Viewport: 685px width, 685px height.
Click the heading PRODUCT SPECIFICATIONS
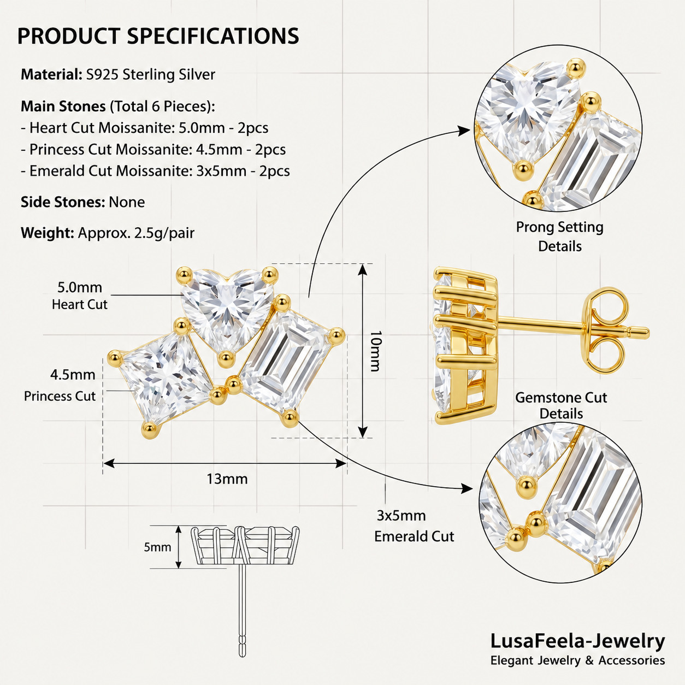[158, 36]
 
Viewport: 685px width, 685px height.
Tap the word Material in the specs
[51, 75]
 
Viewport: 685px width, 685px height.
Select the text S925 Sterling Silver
[151, 75]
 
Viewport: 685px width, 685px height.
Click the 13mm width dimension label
[227, 479]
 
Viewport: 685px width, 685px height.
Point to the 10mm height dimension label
[375, 351]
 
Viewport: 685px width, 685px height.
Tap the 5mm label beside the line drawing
[157, 547]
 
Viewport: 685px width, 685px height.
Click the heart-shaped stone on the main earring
[227, 308]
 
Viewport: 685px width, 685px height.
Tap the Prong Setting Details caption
[560, 237]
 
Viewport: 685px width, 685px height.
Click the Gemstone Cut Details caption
[561, 406]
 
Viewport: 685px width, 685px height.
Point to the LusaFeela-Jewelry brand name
[577, 642]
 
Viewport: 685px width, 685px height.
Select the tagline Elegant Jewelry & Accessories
[577, 660]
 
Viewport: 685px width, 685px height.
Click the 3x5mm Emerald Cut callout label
[414, 526]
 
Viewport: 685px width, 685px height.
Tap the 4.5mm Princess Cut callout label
[60, 385]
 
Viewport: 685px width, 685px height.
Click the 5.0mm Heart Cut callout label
[80, 296]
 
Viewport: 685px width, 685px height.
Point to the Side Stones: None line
[83, 202]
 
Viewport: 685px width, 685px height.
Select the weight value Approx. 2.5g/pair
[136, 233]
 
